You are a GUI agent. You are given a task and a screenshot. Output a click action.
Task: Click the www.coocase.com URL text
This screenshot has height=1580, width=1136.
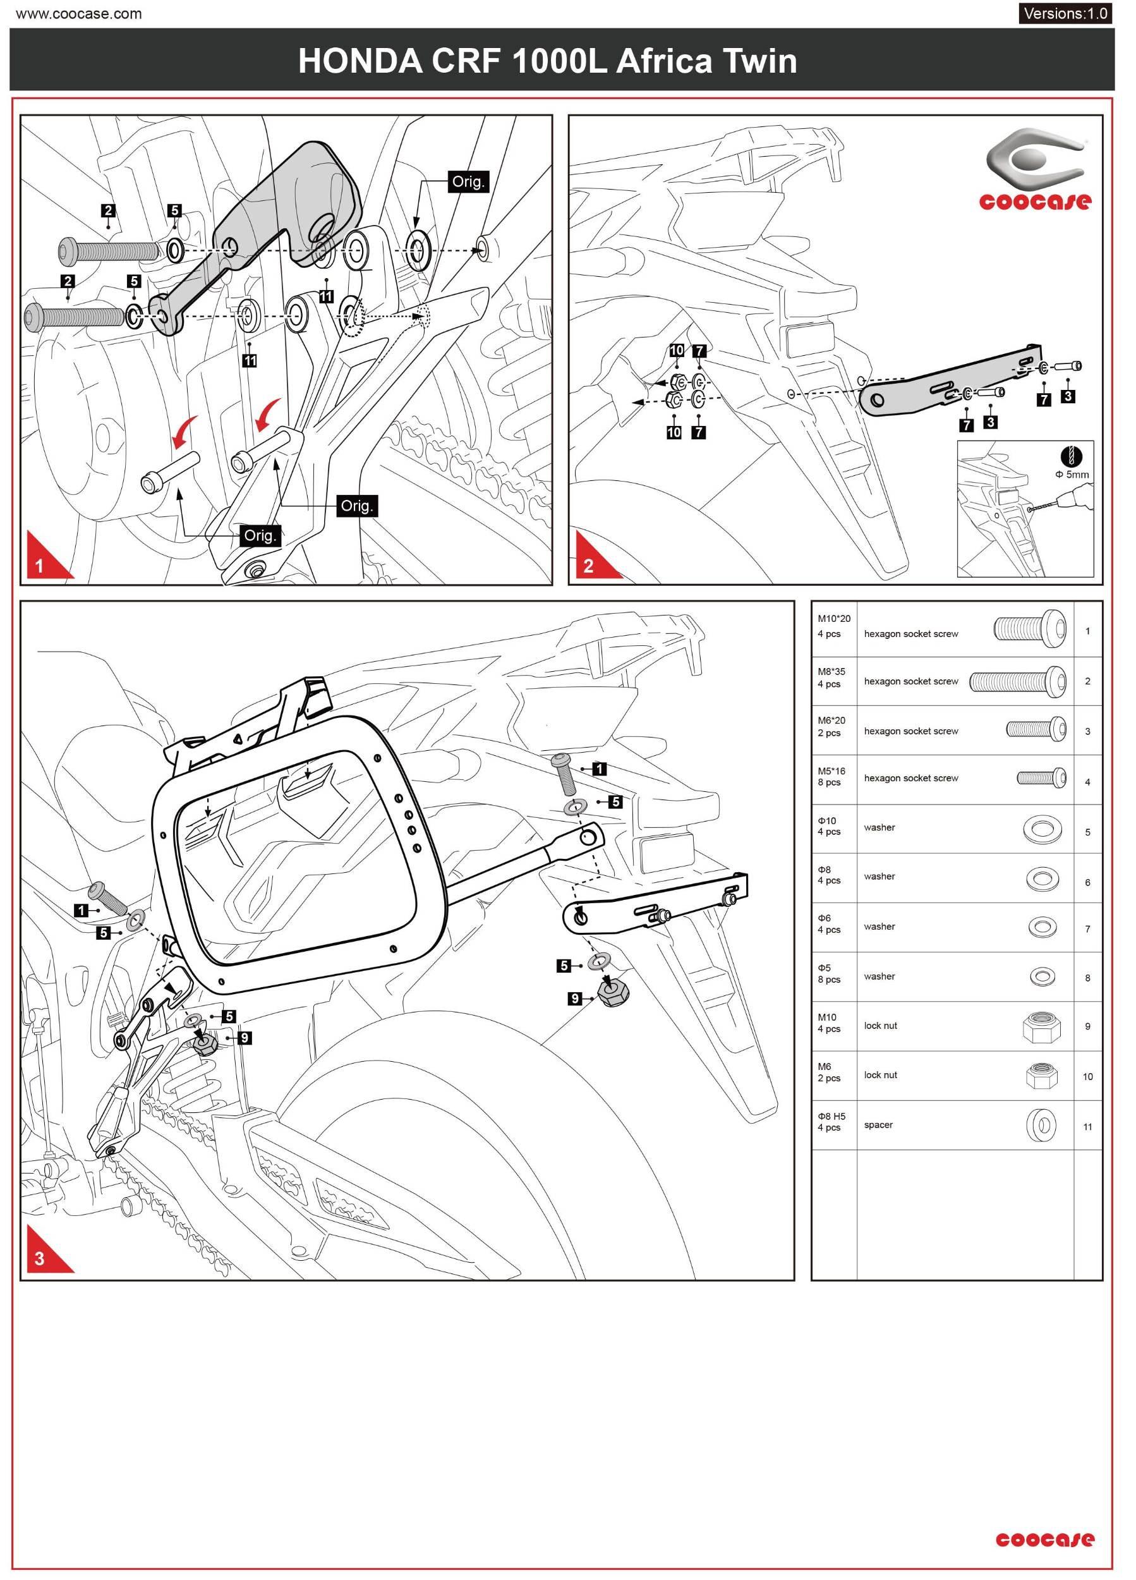click(79, 13)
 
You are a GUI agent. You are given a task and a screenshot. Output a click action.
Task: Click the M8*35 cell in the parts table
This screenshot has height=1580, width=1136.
click(831, 677)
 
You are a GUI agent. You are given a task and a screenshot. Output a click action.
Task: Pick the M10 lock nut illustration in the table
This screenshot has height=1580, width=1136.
click(1041, 1027)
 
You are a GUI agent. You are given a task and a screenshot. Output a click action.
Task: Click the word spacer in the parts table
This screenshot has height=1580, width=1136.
click(878, 1124)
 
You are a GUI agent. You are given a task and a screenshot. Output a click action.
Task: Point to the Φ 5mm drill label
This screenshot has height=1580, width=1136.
click(1072, 475)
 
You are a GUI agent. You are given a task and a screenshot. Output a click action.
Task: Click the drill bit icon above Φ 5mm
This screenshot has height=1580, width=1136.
click(1071, 456)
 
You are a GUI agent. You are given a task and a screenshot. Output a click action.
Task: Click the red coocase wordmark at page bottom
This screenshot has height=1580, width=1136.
click(1044, 1538)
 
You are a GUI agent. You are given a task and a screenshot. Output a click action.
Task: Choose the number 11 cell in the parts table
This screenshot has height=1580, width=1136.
click(1087, 1126)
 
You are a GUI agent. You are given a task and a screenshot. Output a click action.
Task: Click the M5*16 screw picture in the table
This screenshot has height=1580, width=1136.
click(1041, 777)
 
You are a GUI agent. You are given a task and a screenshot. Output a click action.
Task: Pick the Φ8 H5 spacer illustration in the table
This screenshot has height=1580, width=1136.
click(1041, 1124)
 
